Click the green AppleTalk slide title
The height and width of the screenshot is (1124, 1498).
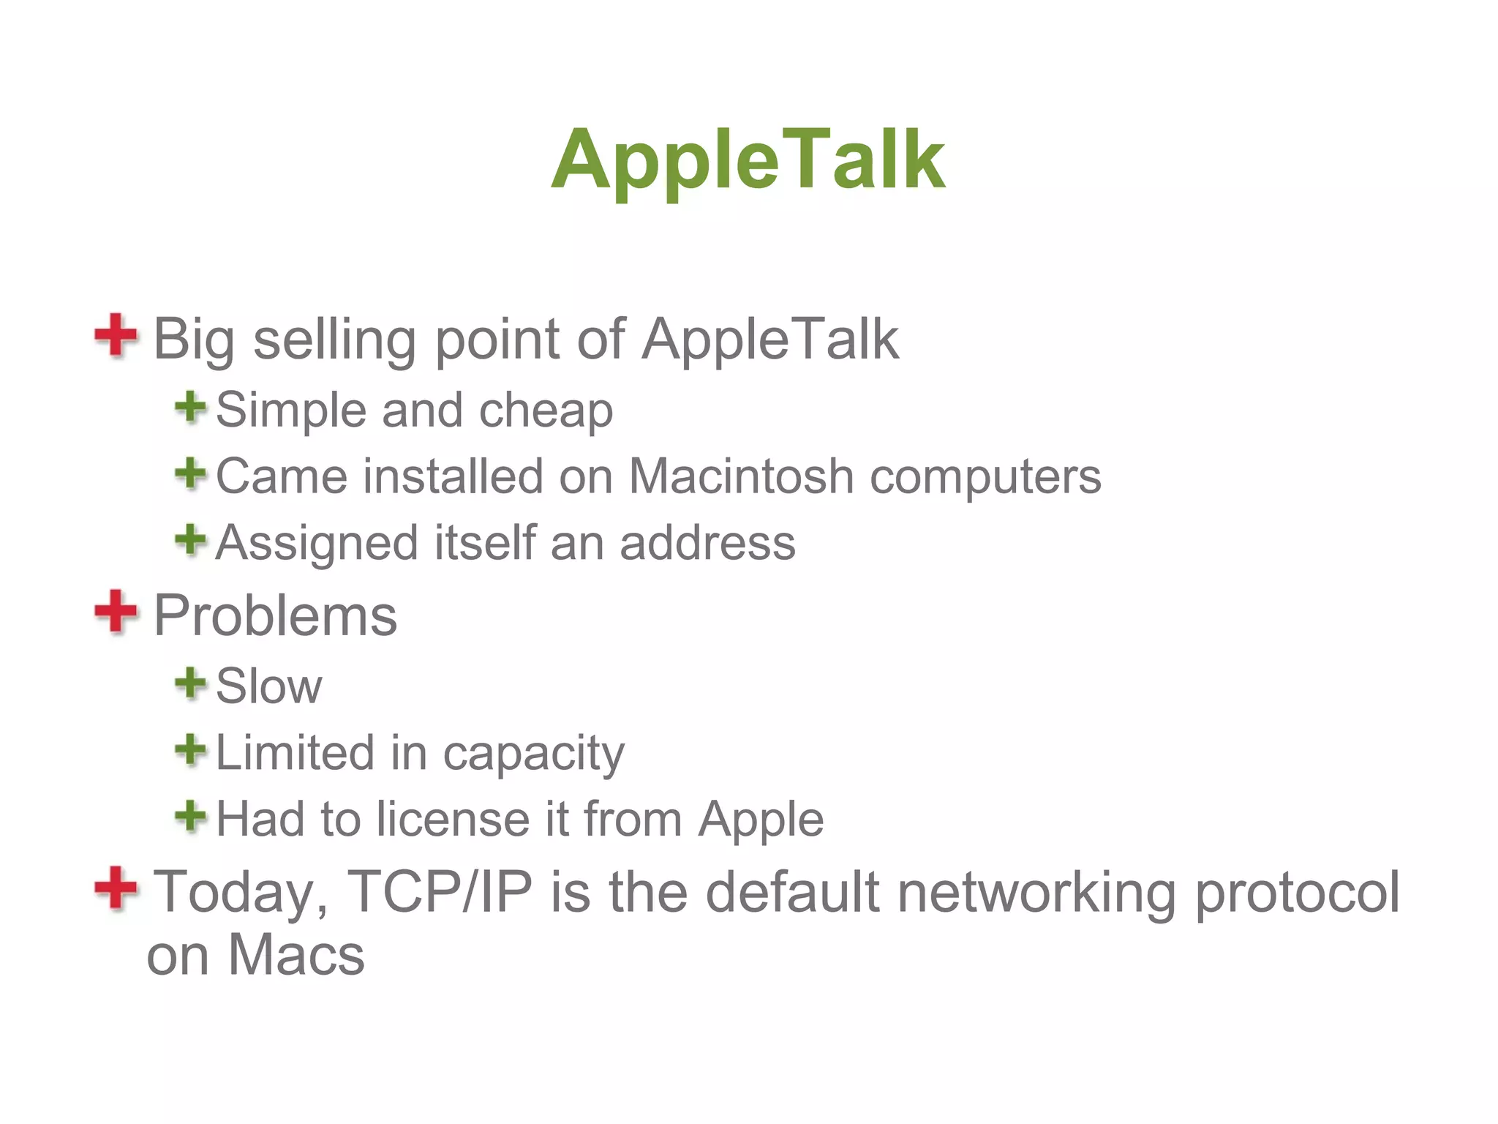(x=748, y=160)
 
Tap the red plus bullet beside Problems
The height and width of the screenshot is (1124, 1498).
(x=116, y=611)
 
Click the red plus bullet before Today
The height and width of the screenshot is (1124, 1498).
(x=116, y=888)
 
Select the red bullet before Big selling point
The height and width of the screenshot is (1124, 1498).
(x=116, y=335)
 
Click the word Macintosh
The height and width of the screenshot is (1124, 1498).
(x=740, y=476)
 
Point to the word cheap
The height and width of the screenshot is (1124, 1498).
(x=546, y=411)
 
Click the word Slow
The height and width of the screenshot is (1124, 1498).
(x=268, y=686)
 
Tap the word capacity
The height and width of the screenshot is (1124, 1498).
(x=533, y=754)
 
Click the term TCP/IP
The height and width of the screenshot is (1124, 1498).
(x=439, y=891)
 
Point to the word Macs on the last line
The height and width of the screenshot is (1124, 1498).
(x=296, y=955)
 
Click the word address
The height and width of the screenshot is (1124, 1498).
(x=707, y=543)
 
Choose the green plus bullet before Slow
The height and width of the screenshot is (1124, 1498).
(x=191, y=683)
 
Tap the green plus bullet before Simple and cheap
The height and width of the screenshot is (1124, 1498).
(x=191, y=407)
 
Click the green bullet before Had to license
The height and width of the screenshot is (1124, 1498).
(x=191, y=815)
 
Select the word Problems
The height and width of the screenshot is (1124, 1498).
(x=275, y=615)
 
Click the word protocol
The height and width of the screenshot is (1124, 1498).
(x=1296, y=893)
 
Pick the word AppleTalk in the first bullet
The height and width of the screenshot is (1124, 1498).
(x=769, y=340)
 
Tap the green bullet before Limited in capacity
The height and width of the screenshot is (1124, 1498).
(x=191, y=750)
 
